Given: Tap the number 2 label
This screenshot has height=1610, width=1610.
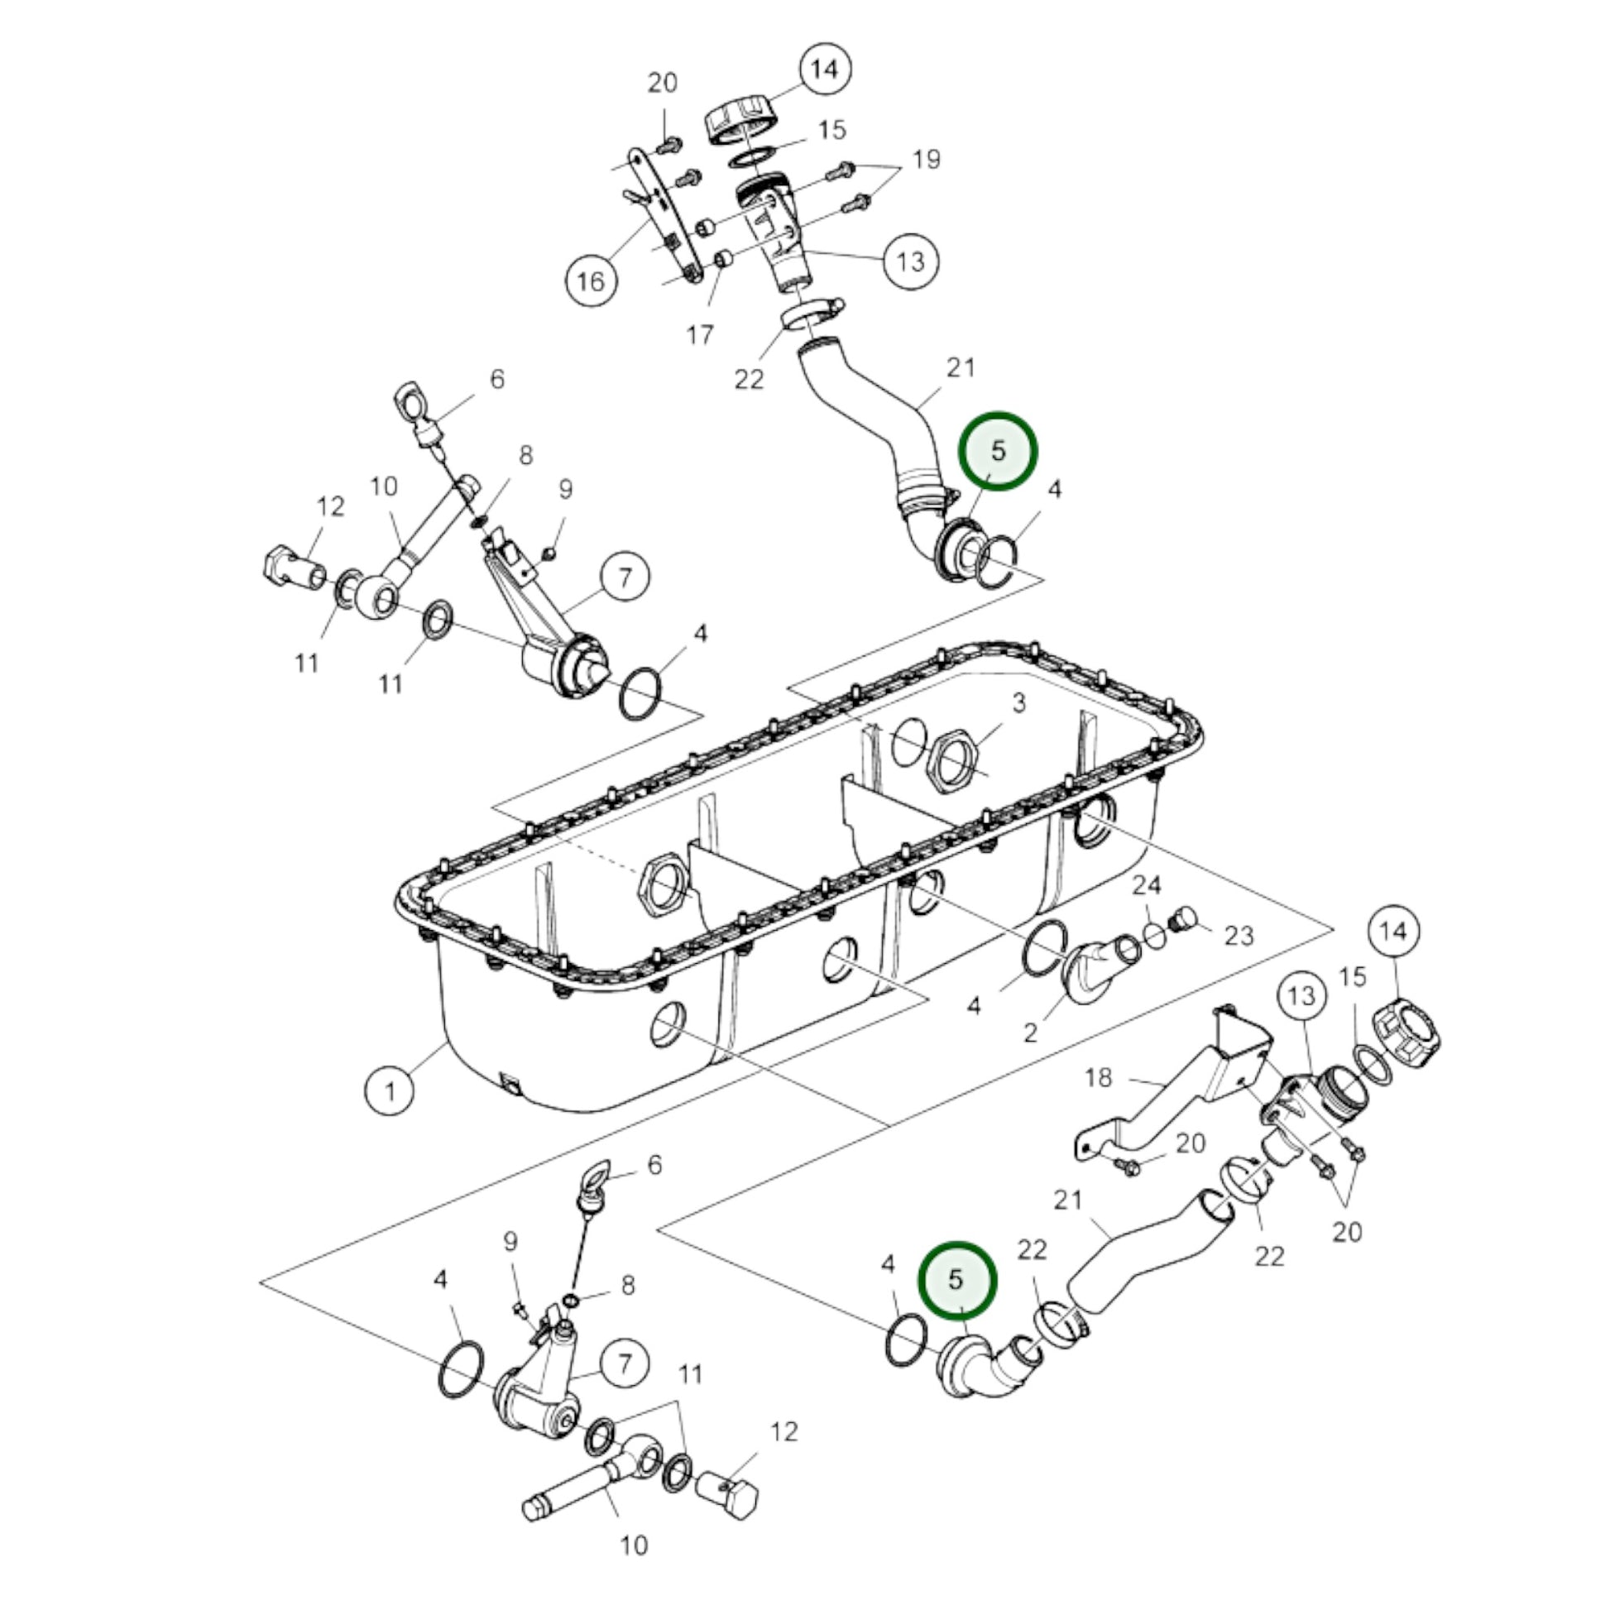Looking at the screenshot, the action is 1031,1033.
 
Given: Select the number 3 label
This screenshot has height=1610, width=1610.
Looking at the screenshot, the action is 1019,703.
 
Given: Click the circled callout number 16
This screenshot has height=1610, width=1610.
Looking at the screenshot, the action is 590,280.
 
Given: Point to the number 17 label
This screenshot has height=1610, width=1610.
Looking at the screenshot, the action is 700,334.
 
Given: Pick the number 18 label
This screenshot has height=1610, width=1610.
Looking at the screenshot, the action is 1099,1077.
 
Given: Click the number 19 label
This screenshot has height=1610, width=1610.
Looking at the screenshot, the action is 927,158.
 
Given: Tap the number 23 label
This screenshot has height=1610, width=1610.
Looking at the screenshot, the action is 1239,936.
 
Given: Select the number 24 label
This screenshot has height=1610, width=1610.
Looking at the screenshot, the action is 1147,884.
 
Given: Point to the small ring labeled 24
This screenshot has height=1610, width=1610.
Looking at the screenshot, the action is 1155,935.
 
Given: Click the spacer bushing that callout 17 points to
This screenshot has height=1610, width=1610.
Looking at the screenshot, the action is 725,259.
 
